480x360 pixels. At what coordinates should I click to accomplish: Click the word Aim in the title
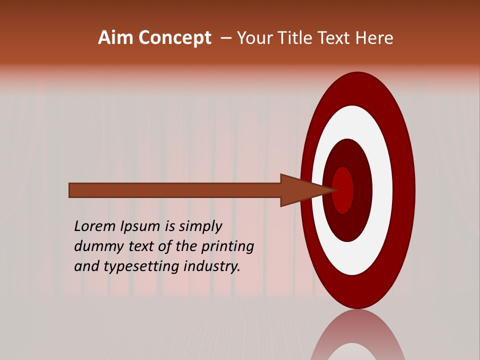pos(116,38)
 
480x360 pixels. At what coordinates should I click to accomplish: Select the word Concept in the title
pos(174,38)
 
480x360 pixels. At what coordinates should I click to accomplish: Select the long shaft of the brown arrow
pos(175,190)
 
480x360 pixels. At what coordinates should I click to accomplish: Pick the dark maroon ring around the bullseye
pos(362,190)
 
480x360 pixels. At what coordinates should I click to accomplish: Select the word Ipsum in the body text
pos(141,227)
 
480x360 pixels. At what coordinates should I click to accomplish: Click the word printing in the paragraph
pos(227,247)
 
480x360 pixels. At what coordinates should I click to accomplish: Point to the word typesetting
pos(142,267)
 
